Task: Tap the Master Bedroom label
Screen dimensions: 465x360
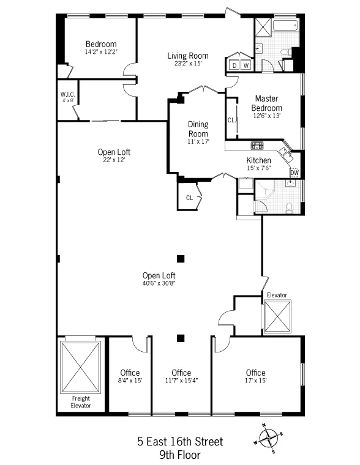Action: pyautogui.click(x=267, y=103)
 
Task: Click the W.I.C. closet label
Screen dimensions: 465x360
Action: pyautogui.click(x=67, y=94)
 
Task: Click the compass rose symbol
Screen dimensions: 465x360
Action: pyautogui.click(x=268, y=437)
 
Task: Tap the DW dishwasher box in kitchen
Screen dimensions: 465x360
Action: pyautogui.click(x=294, y=173)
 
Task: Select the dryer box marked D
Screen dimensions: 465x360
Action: pyautogui.click(x=234, y=65)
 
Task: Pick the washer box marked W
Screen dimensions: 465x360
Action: pyautogui.click(x=246, y=65)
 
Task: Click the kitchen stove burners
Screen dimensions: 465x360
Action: pyautogui.click(x=257, y=146)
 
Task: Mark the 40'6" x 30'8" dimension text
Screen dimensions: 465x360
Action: pyautogui.click(x=159, y=283)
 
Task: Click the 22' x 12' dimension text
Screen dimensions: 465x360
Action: pyautogui.click(x=114, y=160)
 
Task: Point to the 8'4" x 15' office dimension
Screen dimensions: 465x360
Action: pyautogui.click(x=130, y=381)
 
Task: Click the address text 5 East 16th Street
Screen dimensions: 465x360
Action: pyautogui.click(x=181, y=442)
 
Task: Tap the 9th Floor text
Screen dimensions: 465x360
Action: pyautogui.click(x=181, y=455)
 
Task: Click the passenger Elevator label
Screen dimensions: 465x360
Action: pyautogui.click(x=276, y=295)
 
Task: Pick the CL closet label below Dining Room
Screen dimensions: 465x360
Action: pyautogui.click(x=189, y=198)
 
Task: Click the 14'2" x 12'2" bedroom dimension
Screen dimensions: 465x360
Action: pyautogui.click(x=101, y=52)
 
